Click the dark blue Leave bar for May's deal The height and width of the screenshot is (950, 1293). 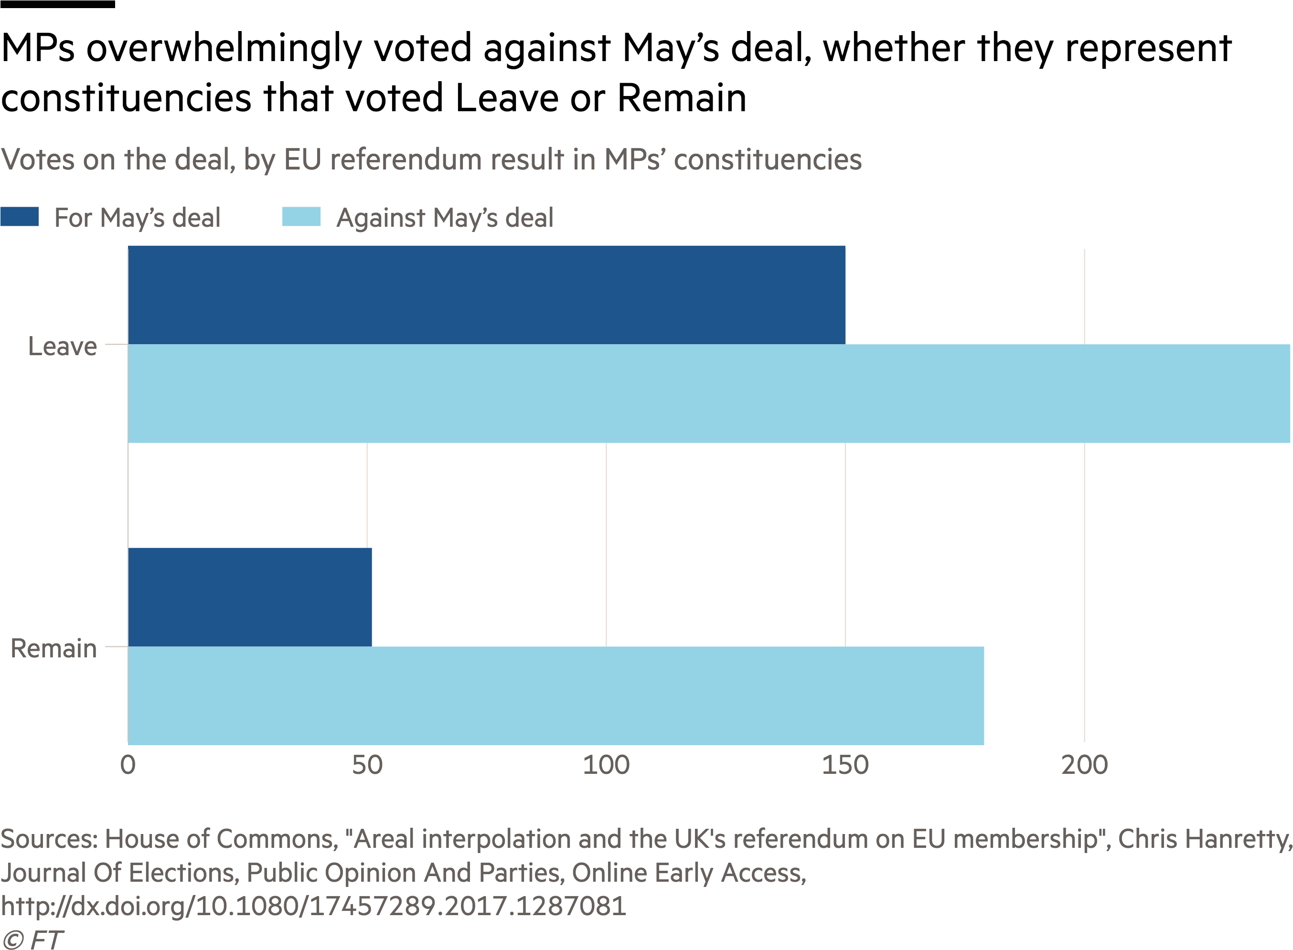click(x=486, y=295)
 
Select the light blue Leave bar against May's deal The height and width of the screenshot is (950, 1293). click(x=708, y=393)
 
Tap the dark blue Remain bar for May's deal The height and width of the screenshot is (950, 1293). click(x=250, y=597)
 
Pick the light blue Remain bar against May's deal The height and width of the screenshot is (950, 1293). click(x=556, y=695)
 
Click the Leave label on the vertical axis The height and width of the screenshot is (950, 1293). click(x=63, y=347)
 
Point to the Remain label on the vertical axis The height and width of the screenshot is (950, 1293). click(x=53, y=649)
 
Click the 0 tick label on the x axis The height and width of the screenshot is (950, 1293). click(x=128, y=765)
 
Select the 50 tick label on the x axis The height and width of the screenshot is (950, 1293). click(x=367, y=765)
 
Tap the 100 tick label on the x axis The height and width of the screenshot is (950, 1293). click(x=606, y=765)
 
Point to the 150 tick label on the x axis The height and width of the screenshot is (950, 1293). click(x=845, y=765)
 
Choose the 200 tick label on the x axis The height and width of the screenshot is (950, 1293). click(x=1084, y=765)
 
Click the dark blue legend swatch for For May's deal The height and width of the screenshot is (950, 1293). click(x=20, y=217)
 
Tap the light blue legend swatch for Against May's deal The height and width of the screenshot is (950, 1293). click(x=301, y=217)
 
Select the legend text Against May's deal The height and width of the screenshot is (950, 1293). click(x=444, y=218)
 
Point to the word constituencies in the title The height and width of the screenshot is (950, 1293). click(x=768, y=159)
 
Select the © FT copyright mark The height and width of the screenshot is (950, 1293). click(x=32, y=939)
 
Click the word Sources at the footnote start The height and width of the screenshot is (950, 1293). click(x=48, y=839)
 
